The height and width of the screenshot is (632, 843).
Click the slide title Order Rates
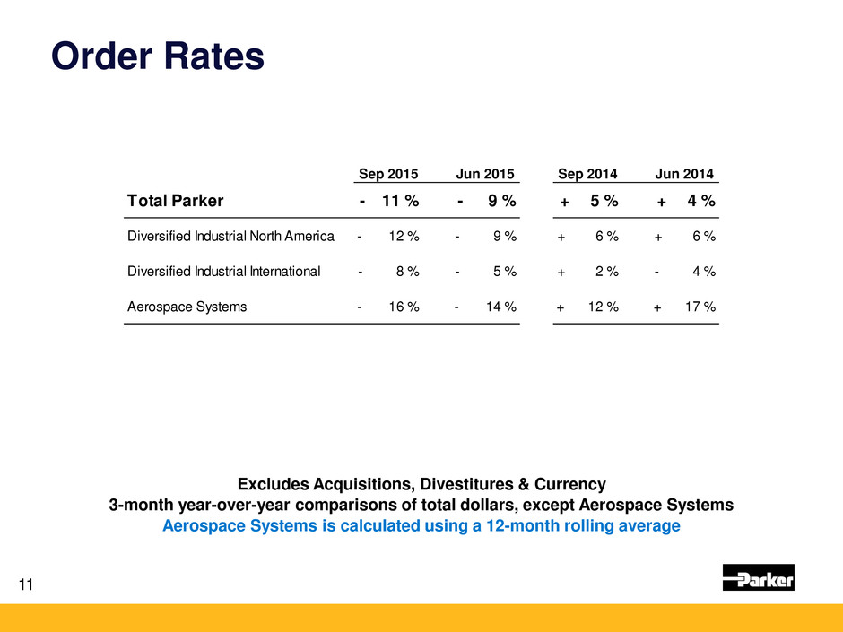158,56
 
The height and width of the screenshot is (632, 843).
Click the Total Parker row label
174,202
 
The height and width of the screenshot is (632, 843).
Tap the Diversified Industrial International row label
223,272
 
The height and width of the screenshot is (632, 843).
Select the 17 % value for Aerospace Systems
699,307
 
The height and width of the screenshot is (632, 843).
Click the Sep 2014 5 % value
604,202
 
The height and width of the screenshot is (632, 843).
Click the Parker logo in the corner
758,578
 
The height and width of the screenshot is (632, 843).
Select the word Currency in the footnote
575,485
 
